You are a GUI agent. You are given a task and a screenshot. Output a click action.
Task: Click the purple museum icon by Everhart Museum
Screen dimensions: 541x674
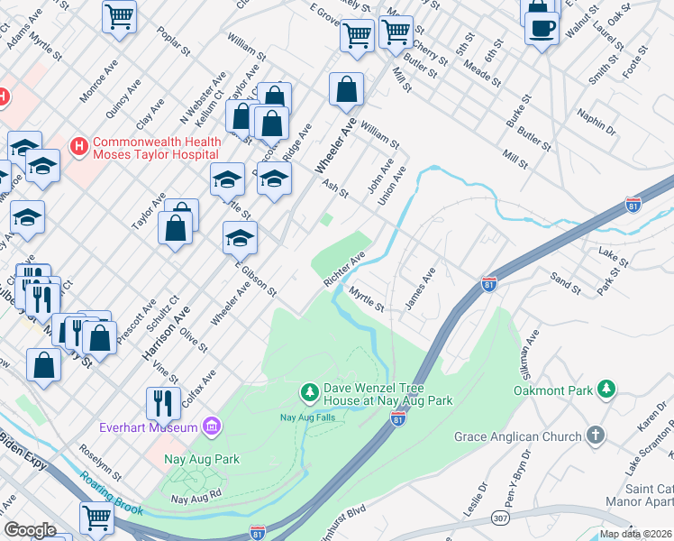[x=212, y=425]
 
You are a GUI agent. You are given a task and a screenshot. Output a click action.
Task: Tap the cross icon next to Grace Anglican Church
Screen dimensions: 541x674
[x=595, y=436]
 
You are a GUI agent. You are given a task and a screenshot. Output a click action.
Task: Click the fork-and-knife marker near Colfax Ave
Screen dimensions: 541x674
[x=163, y=400]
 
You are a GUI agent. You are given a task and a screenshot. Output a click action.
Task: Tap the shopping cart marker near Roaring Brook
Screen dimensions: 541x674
[x=96, y=518]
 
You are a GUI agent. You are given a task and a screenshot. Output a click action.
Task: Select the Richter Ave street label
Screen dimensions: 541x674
[x=344, y=270]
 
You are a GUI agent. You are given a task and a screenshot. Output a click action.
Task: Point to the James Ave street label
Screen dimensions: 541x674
[x=421, y=289]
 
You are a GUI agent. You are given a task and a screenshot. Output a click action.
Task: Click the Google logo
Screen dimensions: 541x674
[x=30, y=530]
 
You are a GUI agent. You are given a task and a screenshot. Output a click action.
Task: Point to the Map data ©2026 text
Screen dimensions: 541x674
[x=634, y=534]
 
